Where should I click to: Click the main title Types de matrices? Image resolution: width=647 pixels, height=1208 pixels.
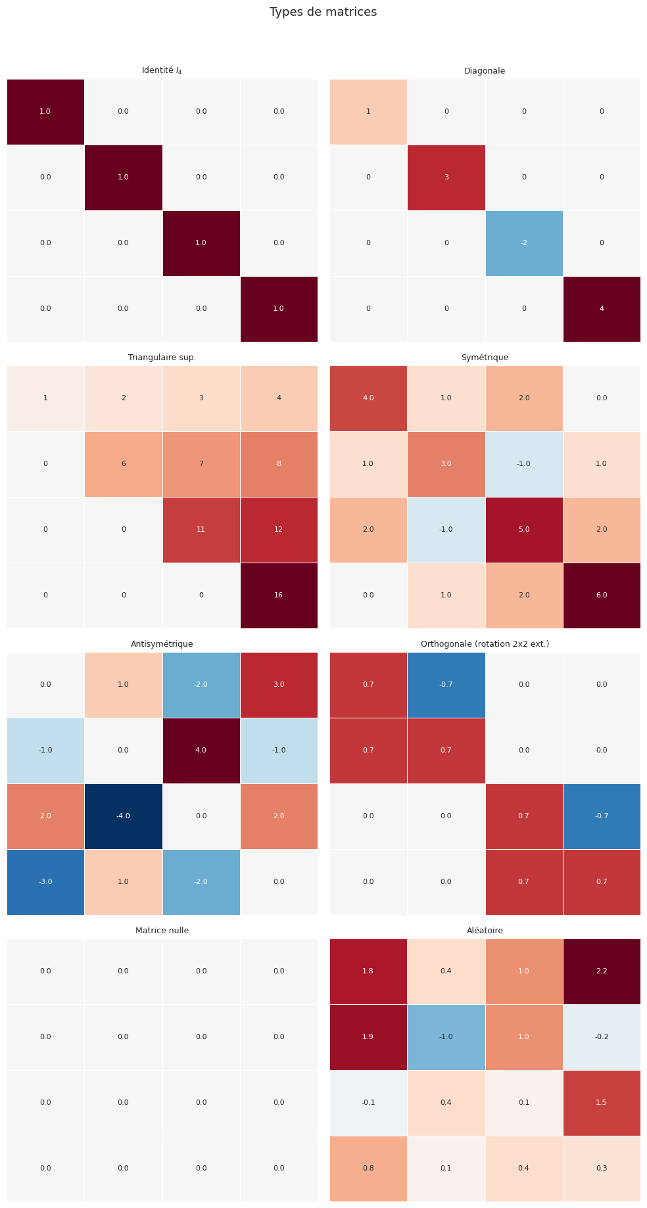point(323,12)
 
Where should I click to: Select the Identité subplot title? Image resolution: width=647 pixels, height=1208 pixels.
point(162,70)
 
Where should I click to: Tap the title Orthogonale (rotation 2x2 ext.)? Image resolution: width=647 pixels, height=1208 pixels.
point(485,644)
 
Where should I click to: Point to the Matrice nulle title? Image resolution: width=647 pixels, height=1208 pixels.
point(162,931)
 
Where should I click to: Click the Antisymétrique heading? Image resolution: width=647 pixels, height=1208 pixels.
point(162,644)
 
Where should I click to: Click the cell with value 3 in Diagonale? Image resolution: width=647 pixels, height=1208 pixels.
point(446,177)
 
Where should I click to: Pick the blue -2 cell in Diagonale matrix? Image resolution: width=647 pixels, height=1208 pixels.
point(524,243)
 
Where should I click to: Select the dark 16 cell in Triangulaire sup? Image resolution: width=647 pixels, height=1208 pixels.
point(279,595)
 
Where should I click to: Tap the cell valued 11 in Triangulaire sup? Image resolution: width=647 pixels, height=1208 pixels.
point(201,530)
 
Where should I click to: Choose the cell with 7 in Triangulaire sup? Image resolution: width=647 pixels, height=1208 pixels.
point(201,464)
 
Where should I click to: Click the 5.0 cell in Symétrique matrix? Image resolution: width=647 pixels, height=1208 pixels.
point(524,530)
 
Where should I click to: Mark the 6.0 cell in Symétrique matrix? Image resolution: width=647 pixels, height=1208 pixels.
point(602,595)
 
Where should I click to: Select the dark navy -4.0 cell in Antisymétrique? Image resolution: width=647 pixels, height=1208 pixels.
point(123,816)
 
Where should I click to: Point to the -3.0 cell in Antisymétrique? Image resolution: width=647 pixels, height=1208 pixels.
point(45,882)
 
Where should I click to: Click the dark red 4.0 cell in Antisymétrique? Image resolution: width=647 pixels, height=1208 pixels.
point(201,751)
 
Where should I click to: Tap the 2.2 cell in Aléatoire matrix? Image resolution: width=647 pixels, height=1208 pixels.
point(602,971)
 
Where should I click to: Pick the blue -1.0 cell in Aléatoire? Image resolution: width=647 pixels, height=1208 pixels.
point(446,1037)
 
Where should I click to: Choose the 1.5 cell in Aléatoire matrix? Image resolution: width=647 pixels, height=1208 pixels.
point(602,1103)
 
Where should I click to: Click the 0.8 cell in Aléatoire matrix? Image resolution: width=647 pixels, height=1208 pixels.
point(368,1169)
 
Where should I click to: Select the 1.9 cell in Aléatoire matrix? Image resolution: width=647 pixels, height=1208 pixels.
point(368,1037)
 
